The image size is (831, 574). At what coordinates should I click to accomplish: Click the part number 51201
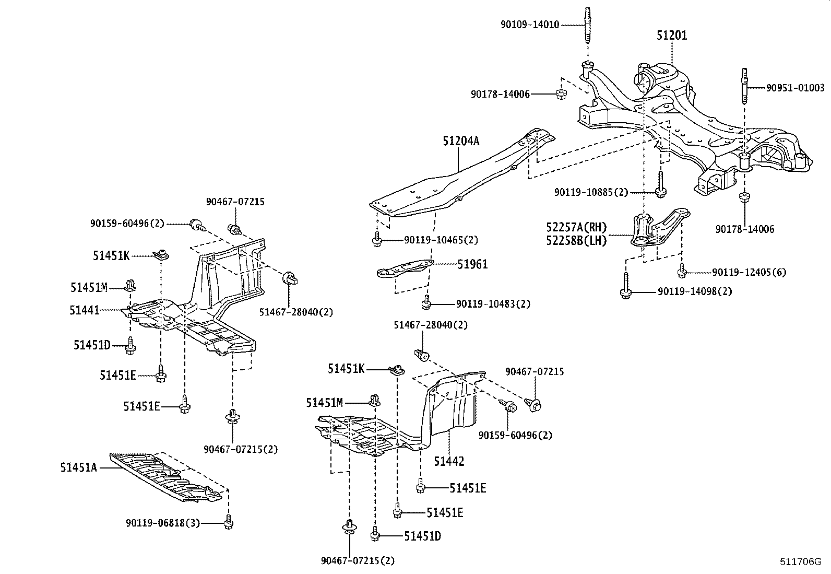coord(671,36)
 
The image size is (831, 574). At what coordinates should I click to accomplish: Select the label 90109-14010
coord(529,24)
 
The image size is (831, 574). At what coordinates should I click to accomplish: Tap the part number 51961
coord(472,264)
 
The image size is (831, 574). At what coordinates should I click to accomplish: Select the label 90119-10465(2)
coord(441,240)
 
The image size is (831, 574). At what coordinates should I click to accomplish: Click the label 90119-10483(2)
coord(493,304)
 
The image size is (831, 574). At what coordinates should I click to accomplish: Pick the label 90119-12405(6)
coord(749,272)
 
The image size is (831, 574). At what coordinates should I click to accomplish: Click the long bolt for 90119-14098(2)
coord(625,286)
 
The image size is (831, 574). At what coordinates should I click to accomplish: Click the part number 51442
coord(449,461)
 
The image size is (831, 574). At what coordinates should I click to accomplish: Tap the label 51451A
coord(78,467)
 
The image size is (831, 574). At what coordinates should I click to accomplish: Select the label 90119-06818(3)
coord(163,522)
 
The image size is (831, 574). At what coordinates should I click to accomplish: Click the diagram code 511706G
coord(800,562)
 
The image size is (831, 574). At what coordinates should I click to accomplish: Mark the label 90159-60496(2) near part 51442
coord(515,435)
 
